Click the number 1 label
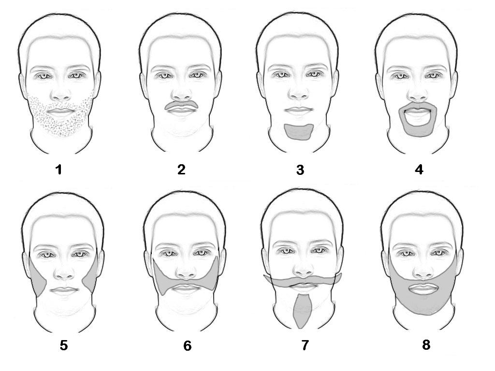click(x=58, y=170)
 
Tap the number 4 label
click(x=419, y=170)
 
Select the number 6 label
click(x=187, y=346)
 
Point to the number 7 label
click(x=305, y=345)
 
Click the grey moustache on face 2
click(x=182, y=105)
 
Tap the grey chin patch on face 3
click(x=299, y=132)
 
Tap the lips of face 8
click(x=424, y=288)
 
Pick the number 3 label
click(x=300, y=170)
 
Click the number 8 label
click(x=426, y=345)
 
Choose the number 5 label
click(x=63, y=345)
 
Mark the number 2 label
click(x=181, y=170)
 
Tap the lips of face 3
click(x=299, y=110)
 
